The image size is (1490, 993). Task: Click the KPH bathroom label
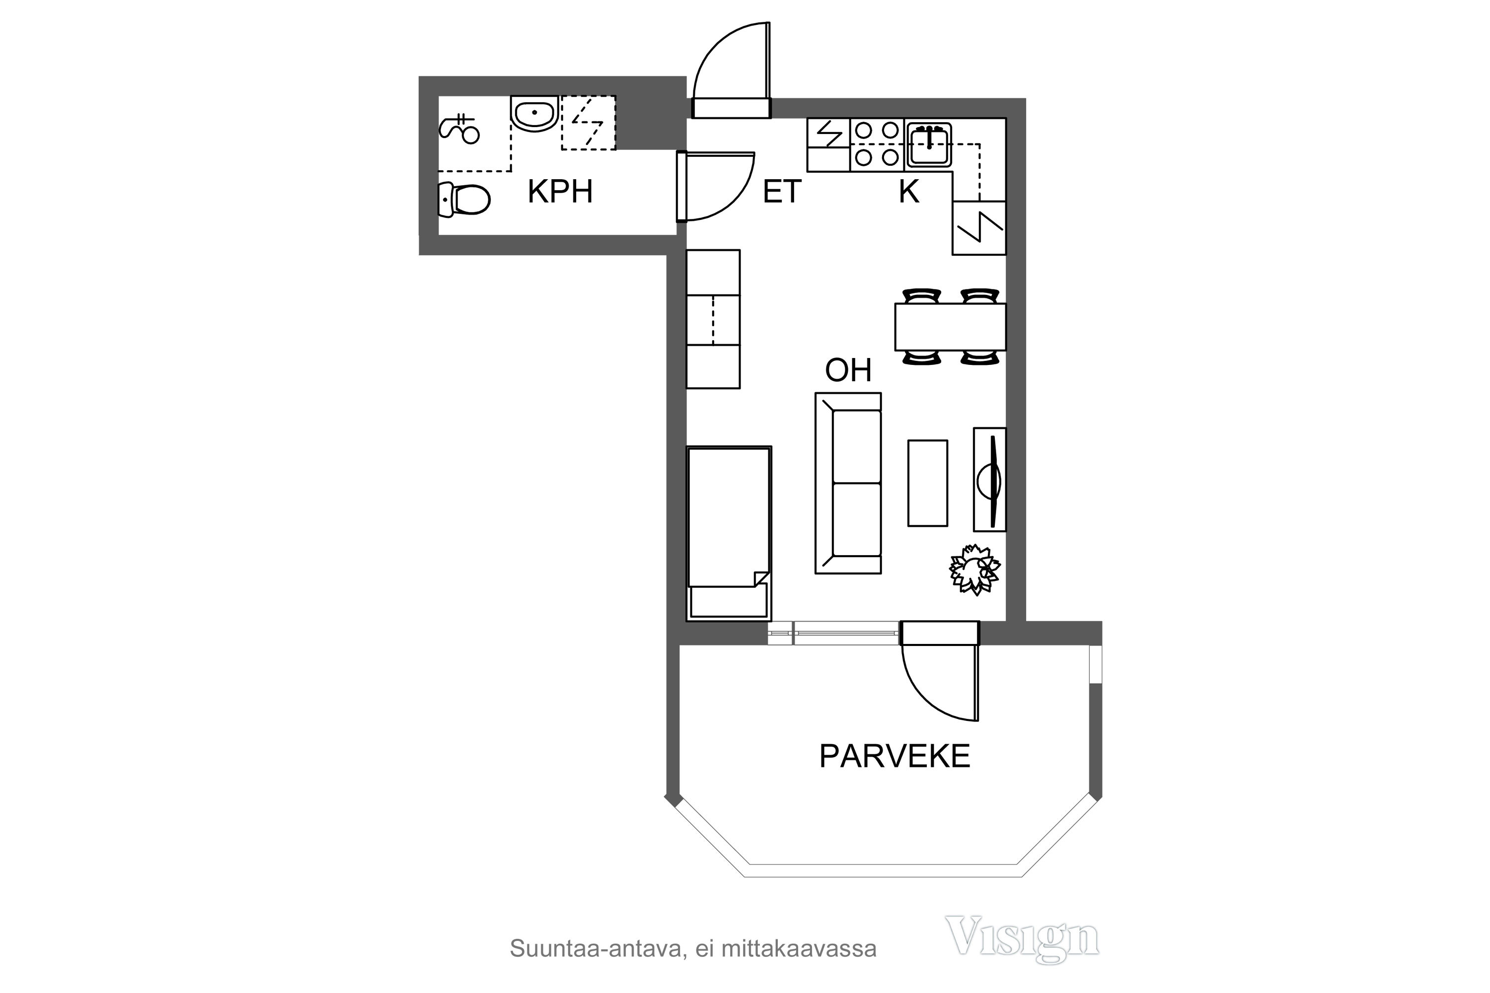coord(560,191)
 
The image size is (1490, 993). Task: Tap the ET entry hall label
coord(782,191)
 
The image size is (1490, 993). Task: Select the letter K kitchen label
coord(909,191)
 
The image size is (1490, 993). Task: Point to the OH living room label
coord(848,370)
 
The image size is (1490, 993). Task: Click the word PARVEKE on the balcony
coord(894,756)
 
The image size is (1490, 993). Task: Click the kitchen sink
coord(929,145)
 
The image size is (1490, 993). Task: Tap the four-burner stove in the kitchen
coord(877,144)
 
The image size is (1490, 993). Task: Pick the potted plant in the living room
coord(974,569)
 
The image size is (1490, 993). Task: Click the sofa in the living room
coord(848,483)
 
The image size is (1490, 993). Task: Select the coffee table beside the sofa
coord(927,483)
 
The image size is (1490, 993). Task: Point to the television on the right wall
coord(989,480)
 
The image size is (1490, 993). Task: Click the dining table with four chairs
coord(950,327)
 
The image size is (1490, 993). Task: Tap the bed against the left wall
coord(729,533)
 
